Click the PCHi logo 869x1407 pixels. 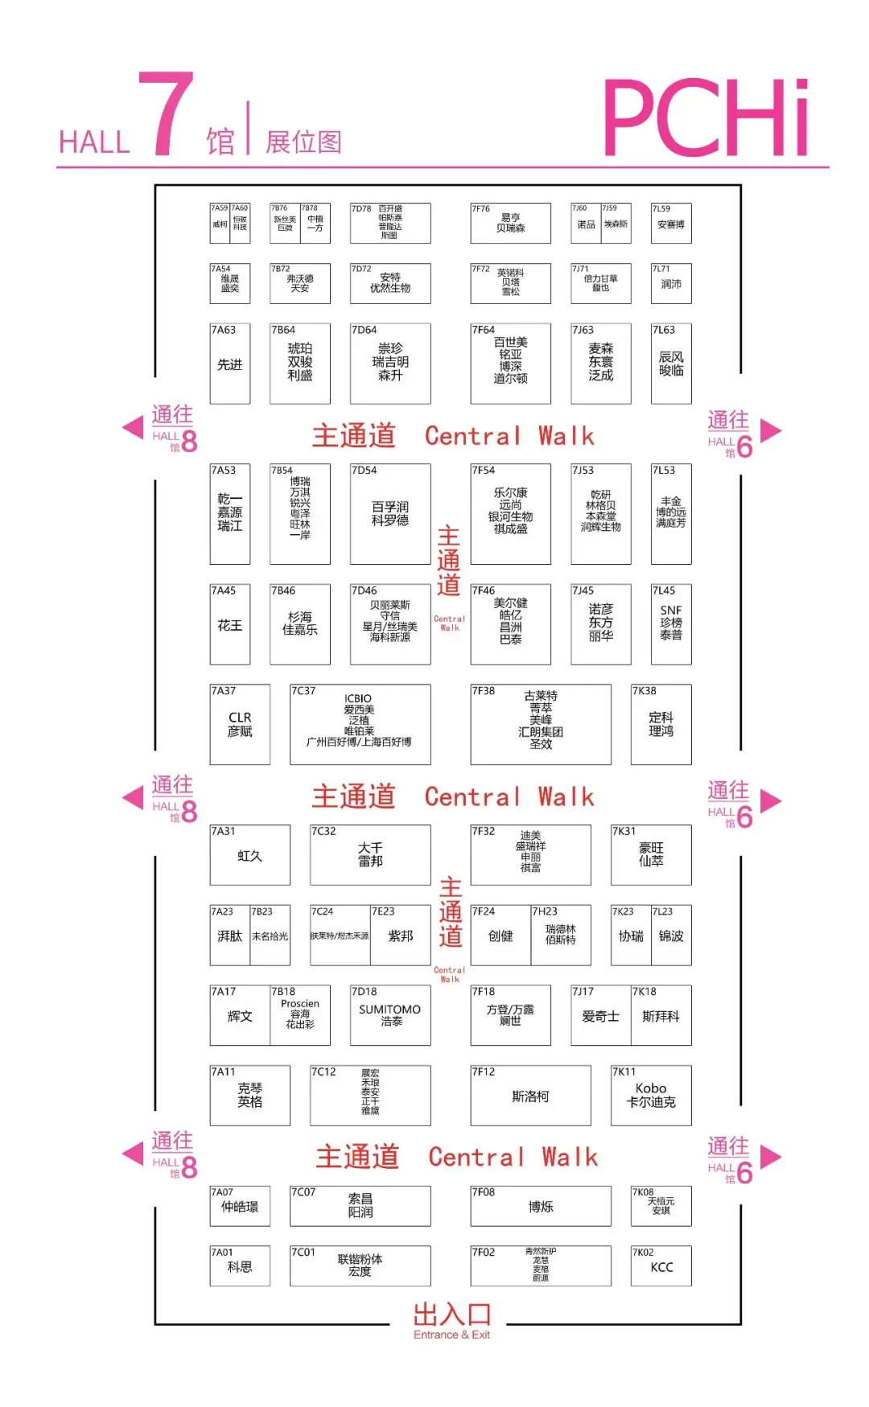(706, 117)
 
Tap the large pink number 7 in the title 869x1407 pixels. (167, 114)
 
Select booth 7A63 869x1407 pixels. (229, 364)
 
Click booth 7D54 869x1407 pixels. (390, 514)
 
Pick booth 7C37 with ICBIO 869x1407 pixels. (360, 724)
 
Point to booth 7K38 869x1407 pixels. (661, 724)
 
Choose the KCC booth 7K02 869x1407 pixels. (661, 1266)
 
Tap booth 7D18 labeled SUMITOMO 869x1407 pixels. (390, 1015)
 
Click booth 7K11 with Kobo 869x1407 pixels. (651, 1096)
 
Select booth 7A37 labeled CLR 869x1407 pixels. (239, 724)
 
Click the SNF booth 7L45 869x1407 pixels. (671, 624)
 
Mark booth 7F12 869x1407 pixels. (530, 1096)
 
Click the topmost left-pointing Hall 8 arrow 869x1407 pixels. (133, 427)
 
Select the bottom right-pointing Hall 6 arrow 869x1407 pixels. (771, 1157)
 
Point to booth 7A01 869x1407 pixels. (239, 1266)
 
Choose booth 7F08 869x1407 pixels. (541, 1206)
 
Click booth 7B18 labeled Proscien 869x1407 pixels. (300, 1015)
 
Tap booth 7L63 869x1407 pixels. (671, 364)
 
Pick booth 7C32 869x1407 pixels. (370, 854)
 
